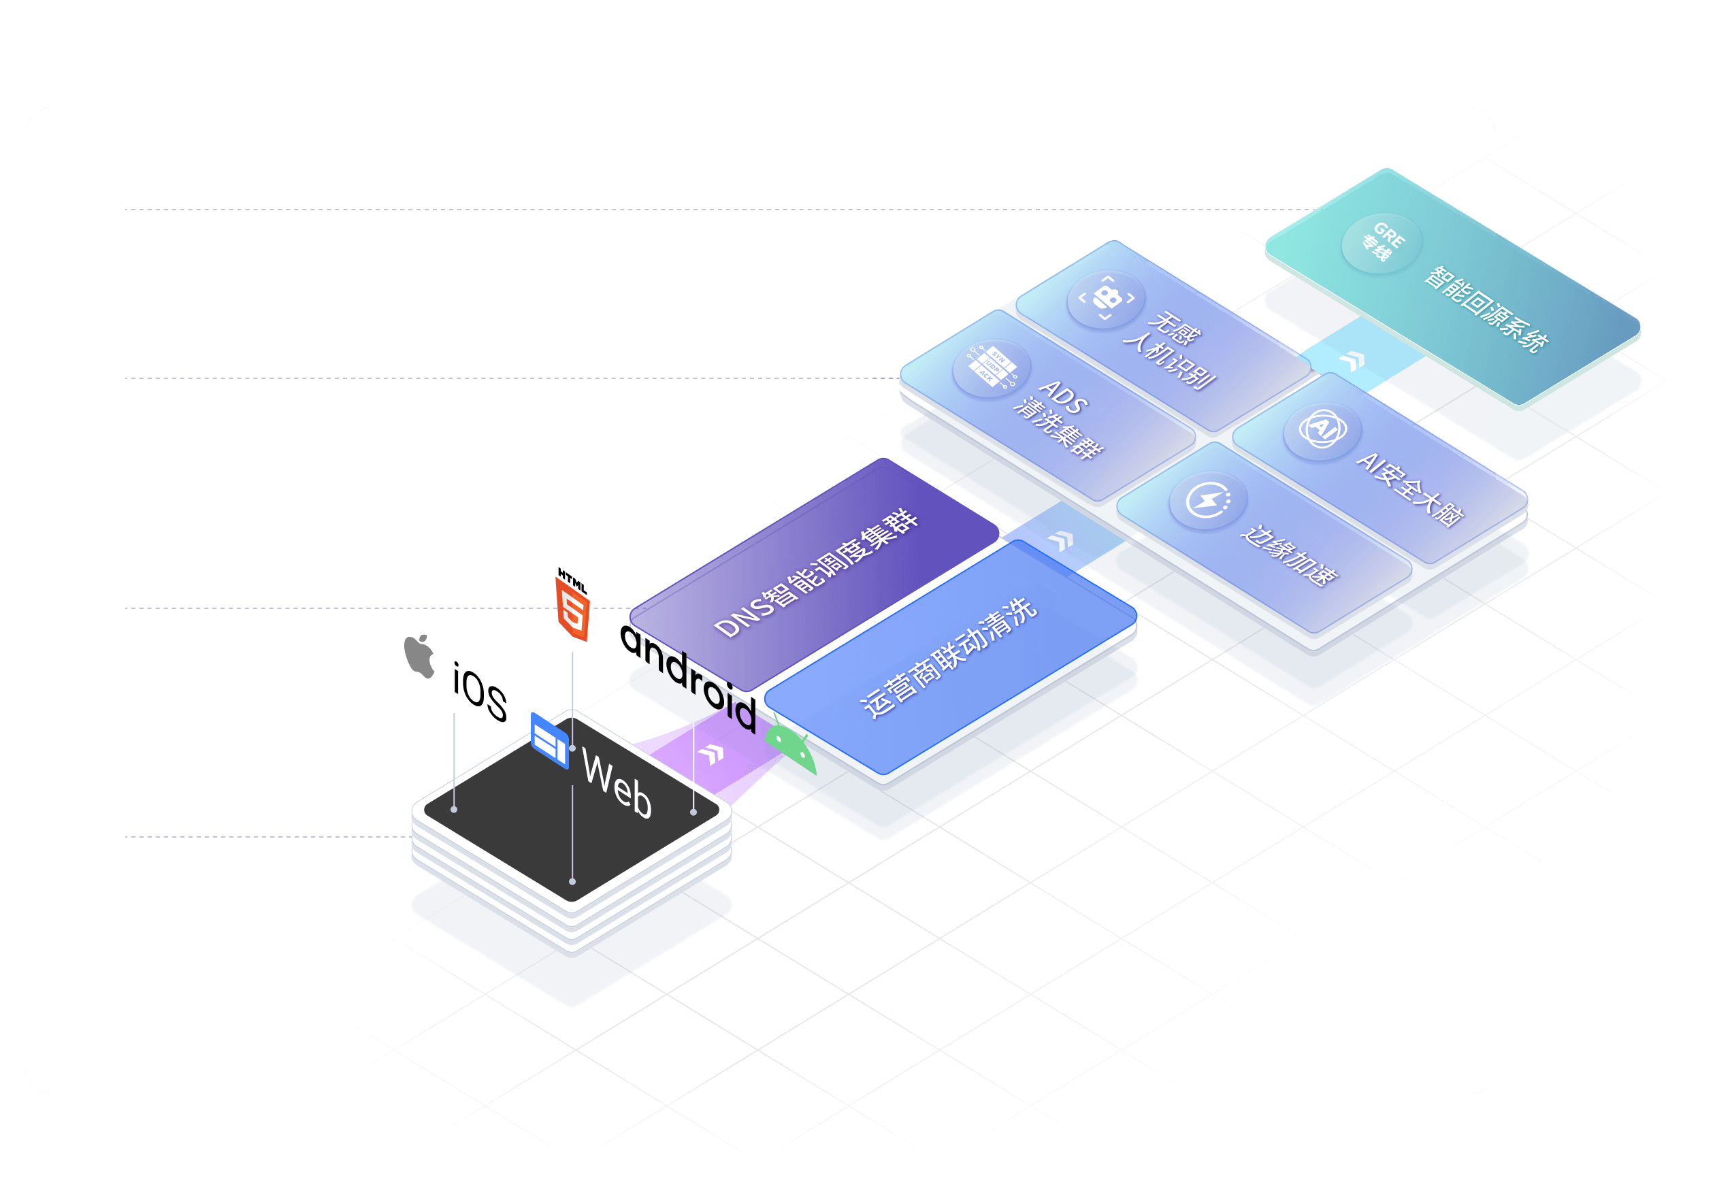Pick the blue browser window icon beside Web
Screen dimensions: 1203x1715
pyautogui.click(x=549, y=741)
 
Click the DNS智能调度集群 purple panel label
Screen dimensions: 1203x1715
pyautogui.click(x=816, y=574)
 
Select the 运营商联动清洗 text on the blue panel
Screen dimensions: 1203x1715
pyautogui.click(x=948, y=658)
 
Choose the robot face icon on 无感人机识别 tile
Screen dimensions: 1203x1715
pyautogui.click(x=1106, y=298)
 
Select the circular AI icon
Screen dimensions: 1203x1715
pyautogui.click(x=1322, y=429)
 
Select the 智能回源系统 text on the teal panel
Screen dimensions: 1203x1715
pyautogui.click(x=1486, y=309)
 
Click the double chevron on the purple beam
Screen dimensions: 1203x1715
pyautogui.click(x=712, y=754)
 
